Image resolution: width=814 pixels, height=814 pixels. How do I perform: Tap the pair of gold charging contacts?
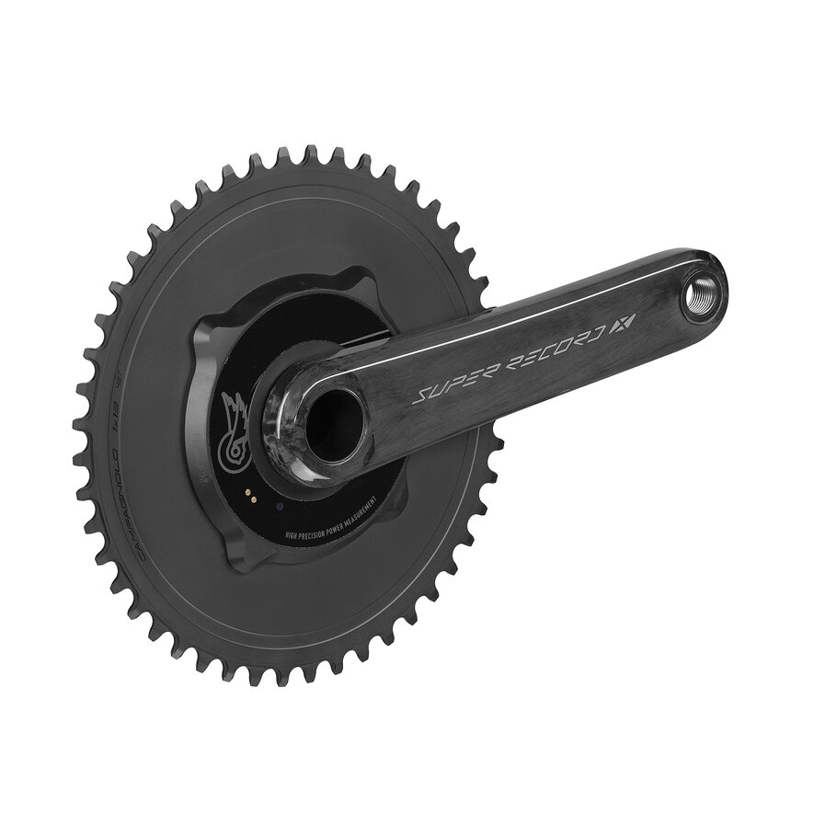(x=248, y=496)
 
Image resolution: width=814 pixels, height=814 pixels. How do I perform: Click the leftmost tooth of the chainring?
(x=81, y=432)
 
